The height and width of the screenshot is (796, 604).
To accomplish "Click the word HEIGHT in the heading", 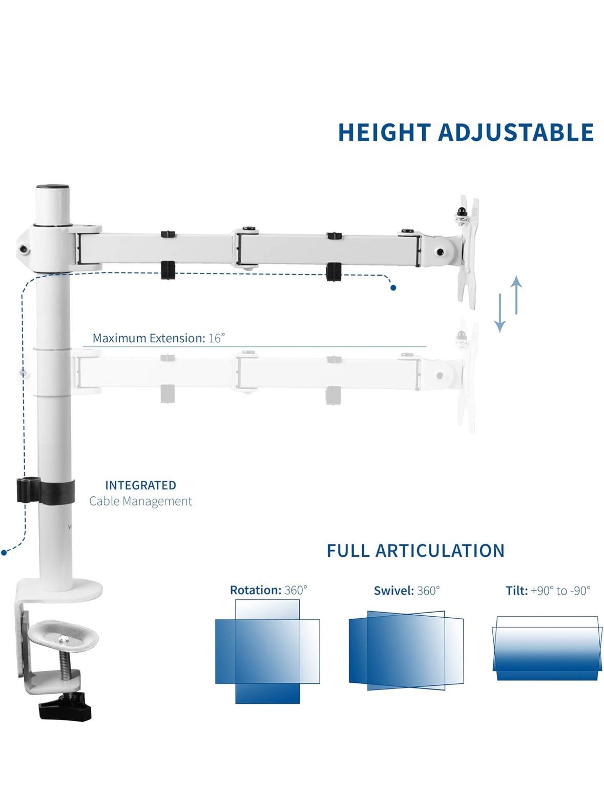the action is (384, 132).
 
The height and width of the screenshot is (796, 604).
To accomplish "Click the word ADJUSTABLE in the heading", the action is (516, 132).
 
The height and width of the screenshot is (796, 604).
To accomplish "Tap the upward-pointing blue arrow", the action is (516, 295).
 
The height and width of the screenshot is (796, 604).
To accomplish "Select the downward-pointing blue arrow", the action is (500, 312).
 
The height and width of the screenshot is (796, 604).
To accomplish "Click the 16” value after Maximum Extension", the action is (216, 338).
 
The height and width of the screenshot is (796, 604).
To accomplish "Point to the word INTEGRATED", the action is (141, 485).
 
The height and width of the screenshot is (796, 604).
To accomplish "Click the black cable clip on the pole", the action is (46, 491).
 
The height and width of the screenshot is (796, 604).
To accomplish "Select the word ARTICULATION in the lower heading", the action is (440, 551).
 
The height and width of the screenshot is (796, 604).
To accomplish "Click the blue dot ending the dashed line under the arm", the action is (393, 288).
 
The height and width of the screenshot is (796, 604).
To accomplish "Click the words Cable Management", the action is (141, 501).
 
